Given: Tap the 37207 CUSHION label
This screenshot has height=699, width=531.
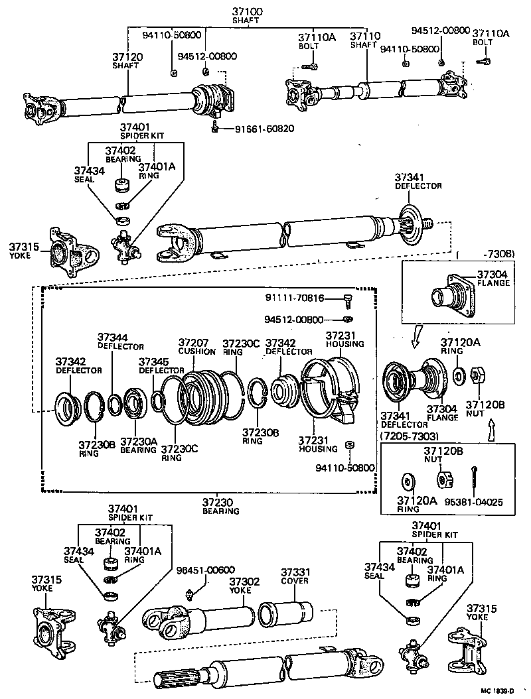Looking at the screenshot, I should tap(197, 346).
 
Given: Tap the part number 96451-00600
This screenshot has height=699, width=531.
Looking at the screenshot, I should tap(206, 570).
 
